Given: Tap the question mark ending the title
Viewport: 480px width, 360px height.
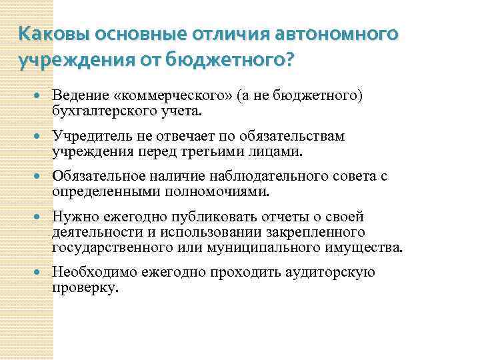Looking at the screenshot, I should pyautogui.click(x=287, y=60).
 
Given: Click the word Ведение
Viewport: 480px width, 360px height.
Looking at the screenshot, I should pyautogui.click(x=81, y=95).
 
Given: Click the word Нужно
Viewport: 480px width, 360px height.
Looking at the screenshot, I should pyautogui.click(x=75, y=218).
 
